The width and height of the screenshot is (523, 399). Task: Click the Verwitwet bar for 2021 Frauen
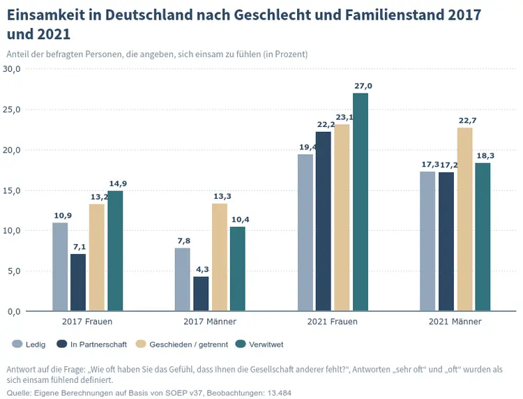click(x=361, y=202)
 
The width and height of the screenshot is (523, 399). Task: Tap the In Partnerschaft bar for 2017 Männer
click(x=201, y=294)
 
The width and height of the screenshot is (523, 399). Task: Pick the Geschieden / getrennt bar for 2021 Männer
click(x=464, y=219)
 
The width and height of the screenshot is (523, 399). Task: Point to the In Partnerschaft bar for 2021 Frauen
click(x=324, y=221)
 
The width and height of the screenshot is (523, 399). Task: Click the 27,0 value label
click(x=363, y=86)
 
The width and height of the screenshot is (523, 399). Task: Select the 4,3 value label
click(x=201, y=269)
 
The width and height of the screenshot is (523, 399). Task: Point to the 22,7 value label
click(x=467, y=121)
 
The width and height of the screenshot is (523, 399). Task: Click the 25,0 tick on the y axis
click(x=13, y=110)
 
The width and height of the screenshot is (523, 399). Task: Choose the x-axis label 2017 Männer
click(x=210, y=322)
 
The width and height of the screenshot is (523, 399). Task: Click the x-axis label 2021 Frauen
click(x=332, y=322)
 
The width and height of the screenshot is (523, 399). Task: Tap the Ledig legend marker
click(x=17, y=344)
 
